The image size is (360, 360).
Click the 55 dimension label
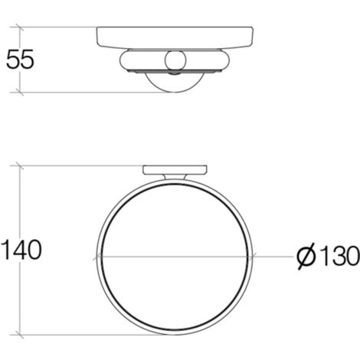pos(20,59)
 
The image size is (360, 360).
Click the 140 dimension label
pos(21,250)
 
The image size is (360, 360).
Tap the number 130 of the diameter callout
pos(339,256)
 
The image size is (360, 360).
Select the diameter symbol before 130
pos(306,256)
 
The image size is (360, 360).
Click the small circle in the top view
pos(175,61)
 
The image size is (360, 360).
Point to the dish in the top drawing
pos(175,37)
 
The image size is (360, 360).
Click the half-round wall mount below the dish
pos(175,82)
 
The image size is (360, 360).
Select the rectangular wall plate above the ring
pos(175,170)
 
